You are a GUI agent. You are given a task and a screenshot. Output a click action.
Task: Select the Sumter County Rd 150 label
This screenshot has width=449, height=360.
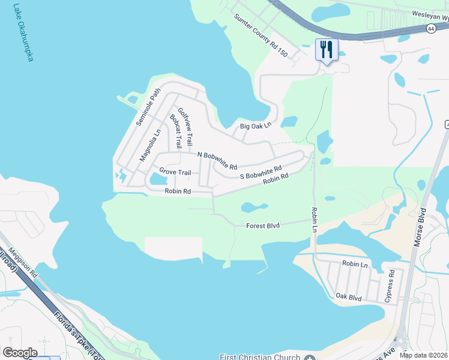261,37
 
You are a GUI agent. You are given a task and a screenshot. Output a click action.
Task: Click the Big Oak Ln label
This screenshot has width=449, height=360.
256,126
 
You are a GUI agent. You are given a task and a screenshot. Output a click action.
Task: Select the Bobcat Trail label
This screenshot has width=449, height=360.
176,132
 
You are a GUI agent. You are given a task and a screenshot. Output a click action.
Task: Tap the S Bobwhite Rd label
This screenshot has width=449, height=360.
261,172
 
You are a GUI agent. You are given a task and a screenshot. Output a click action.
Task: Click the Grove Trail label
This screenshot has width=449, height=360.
175,173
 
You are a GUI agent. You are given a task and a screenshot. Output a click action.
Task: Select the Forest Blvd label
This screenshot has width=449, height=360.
264,226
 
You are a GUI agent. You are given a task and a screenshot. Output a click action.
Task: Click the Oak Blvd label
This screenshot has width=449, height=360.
349,296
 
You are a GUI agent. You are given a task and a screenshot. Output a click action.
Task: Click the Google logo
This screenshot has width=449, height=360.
20,353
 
